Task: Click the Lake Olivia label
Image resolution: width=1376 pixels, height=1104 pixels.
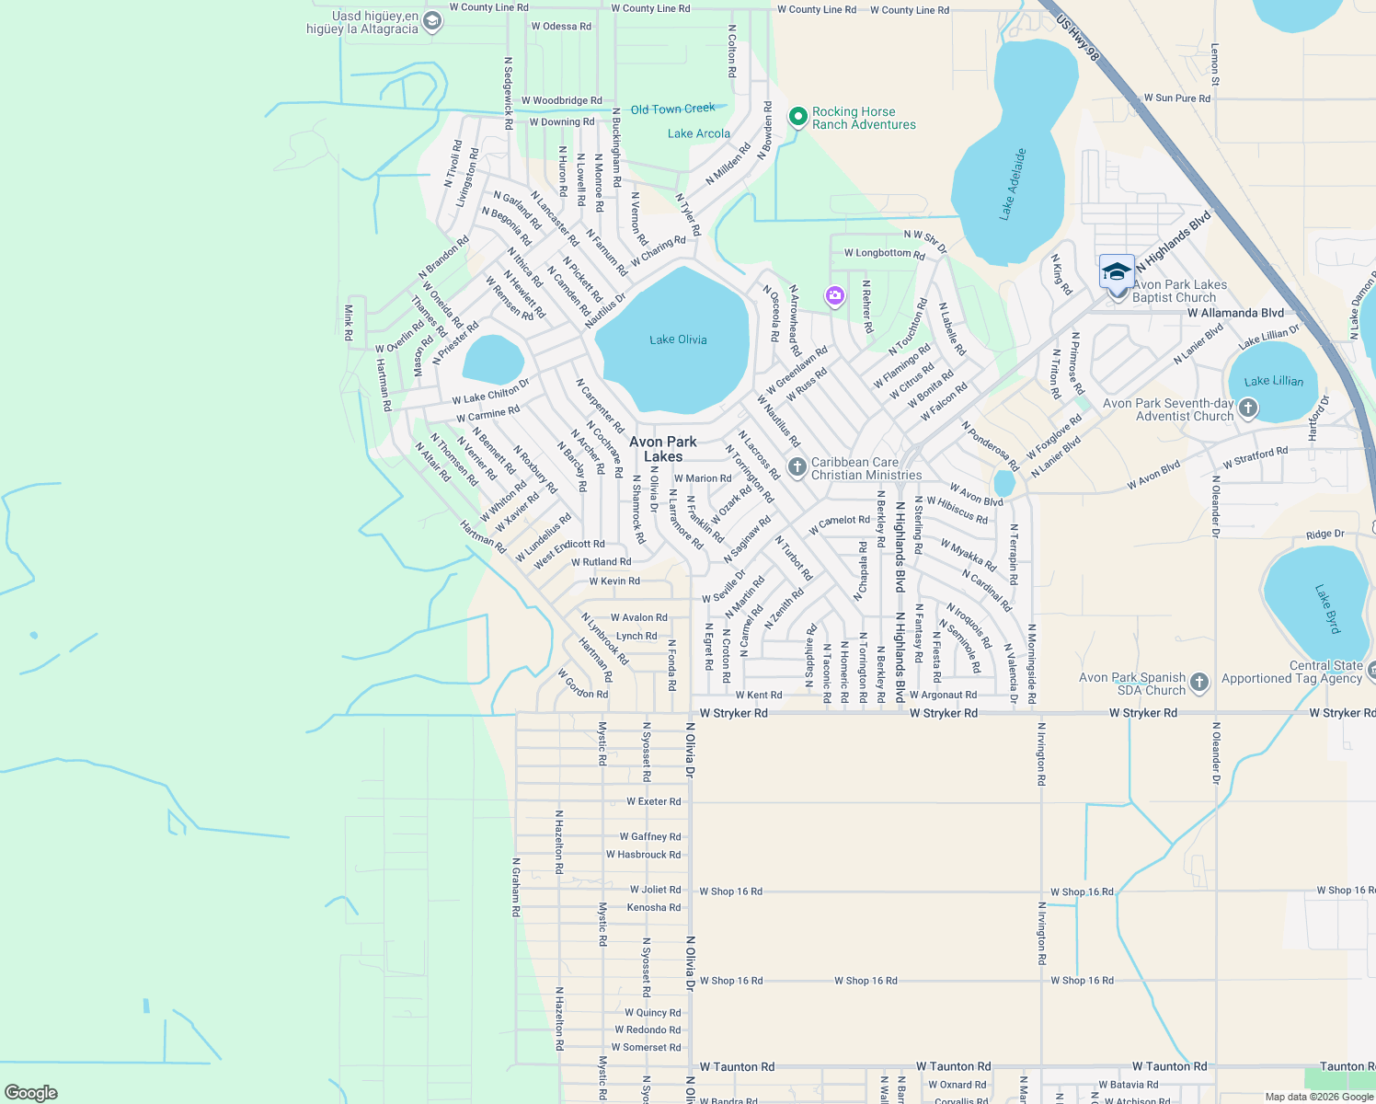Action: pyautogui.click(x=678, y=339)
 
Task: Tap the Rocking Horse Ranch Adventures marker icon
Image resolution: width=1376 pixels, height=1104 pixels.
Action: pyautogui.click(x=797, y=117)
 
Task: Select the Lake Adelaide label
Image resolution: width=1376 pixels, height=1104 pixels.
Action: pyautogui.click(x=1013, y=184)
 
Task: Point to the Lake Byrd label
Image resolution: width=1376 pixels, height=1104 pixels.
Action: pyautogui.click(x=1327, y=608)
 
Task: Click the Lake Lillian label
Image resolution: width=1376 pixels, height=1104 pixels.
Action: pyautogui.click(x=1273, y=381)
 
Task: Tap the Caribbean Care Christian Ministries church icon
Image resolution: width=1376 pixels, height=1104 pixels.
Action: pyautogui.click(x=797, y=466)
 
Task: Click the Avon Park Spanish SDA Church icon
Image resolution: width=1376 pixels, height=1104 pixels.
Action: pyautogui.click(x=1198, y=682)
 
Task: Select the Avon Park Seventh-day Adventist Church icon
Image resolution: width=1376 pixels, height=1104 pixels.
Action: pyautogui.click(x=1247, y=408)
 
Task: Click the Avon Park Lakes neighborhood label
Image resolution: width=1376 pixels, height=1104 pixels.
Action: pyautogui.click(x=663, y=449)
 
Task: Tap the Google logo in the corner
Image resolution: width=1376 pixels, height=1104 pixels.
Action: pyautogui.click(x=31, y=1092)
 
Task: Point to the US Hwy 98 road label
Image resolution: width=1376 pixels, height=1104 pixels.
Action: pyautogui.click(x=1078, y=38)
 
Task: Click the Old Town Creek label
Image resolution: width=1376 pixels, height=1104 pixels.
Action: pyautogui.click(x=672, y=109)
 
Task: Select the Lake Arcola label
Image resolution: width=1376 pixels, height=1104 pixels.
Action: pyautogui.click(x=698, y=133)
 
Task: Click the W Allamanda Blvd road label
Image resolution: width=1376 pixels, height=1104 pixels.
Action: pyautogui.click(x=1234, y=313)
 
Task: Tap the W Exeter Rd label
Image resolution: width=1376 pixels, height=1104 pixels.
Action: pyautogui.click(x=654, y=801)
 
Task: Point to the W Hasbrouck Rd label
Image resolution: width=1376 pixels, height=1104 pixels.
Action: pyautogui.click(x=643, y=855)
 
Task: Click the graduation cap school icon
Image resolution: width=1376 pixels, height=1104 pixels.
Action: pyautogui.click(x=1117, y=272)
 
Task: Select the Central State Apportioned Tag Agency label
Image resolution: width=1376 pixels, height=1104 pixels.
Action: pyautogui.click(x=1291, y=672)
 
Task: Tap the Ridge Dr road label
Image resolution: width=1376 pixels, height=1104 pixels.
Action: pyautogui.click(x=1324, y=535)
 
